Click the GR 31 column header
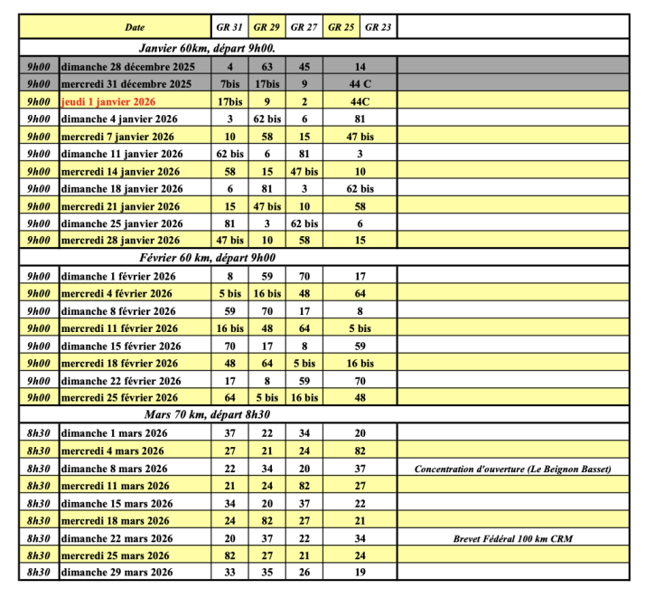pyautogui.click(x=229, y=27)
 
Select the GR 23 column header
pyautogui.click(x=378, y=27)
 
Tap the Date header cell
pyautogui.click(x=134, y=27)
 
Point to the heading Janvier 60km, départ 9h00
pyautogui.click(x=207, y=48)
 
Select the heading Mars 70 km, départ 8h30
pyautogui.click(x=207, y=415)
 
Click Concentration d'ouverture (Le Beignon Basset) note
pyautogui.click(x=512, y=469)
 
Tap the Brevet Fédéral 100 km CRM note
pyautogui.click(x=512, y=538)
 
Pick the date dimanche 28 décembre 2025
pyautogui.click(x=126, y=66)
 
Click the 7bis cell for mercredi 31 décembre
pyautogui.click(x=229, y=84)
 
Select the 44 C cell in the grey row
pyautogui.click(x=360, y=84)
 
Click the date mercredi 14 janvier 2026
pyautogui.click(x=120, y=171)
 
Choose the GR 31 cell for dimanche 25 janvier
pyautogui.click(x=229, y=223)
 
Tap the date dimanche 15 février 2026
pyautogui.click(x=121, y=346)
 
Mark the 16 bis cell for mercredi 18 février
pyautogui.click(x=360, y=363)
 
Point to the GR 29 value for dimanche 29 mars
pyautogui.click(x=266, y=573)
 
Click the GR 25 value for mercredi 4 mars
pyautogui.click(x=360, y=451)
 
